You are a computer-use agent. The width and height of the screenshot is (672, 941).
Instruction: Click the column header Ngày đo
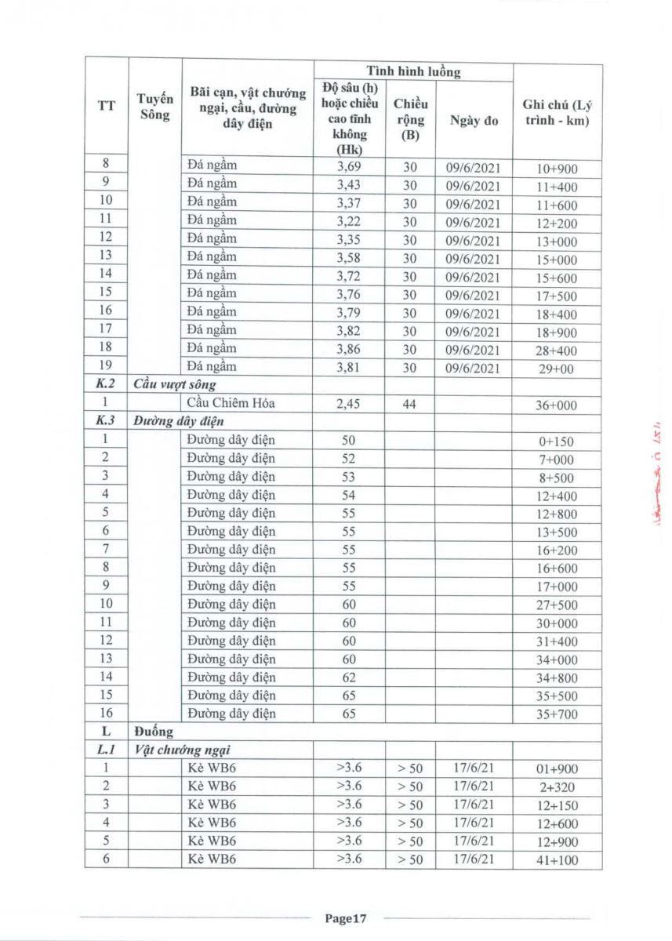[x=474, y=120]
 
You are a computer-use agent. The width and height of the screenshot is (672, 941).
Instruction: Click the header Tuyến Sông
[x=154, y=107]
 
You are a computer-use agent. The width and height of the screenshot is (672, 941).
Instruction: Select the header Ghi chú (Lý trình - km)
[x=557, y=113]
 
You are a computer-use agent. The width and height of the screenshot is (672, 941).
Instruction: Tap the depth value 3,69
[x=349, y=167]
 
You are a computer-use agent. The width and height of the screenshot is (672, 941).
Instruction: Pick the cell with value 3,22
[x=349, y=221]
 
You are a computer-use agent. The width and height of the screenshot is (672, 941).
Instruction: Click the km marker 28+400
[x=557, y=350]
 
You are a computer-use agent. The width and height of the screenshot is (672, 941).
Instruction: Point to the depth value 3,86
[x=349, y=349]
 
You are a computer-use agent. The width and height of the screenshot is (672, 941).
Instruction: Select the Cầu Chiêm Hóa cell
[x=227, y=404]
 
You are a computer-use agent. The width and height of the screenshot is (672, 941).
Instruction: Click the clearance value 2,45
[x=349, y=404]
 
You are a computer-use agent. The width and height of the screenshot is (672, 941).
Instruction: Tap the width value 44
[x=410, y=404]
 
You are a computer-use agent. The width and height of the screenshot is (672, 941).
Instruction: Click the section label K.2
[x=106, y=385]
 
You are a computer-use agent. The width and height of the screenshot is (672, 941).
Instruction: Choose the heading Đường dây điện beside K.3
[x=174, y=421]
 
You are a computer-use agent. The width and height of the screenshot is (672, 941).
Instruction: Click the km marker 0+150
[x=557, y=441]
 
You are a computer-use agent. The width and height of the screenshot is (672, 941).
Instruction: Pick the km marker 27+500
[x=557, y=605]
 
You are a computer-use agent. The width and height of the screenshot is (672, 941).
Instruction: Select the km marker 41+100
[x=557, y=860]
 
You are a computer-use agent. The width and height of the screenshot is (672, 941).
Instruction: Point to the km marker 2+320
[x=557, y=787]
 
